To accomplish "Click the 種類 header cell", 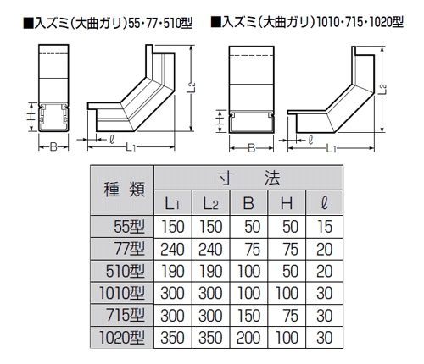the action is pos(122,190).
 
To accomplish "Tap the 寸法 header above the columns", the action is pos(248,178).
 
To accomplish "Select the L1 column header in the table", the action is pos(173,203).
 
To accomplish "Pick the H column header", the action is pos(287,203).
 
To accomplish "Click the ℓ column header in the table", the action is pos(325,203).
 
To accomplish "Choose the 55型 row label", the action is pos(129,227).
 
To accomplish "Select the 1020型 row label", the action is pos(122,337).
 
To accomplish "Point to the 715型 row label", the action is pos(126,315).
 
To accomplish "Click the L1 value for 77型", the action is pos(172,249).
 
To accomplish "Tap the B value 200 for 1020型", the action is pos(248,337).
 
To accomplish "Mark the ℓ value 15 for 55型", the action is pos(325,227).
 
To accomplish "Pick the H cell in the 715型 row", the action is pos(291,315).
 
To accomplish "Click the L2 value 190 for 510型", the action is pos(210,271).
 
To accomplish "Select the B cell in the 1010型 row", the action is pos(248,293).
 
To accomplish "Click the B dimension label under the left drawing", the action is pos(53,146).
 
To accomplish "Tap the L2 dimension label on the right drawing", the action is pos(383,90).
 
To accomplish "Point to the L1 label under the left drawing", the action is pos(131,146).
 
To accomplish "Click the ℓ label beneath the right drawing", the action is pos(310,140).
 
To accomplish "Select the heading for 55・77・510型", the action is pos(108,23).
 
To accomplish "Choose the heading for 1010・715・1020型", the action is pos(307,22).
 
